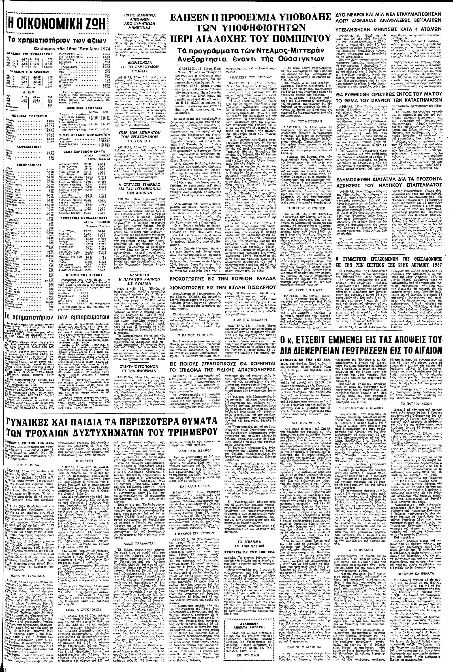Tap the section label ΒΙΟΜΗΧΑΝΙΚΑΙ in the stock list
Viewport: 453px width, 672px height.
tap(27, 164)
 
